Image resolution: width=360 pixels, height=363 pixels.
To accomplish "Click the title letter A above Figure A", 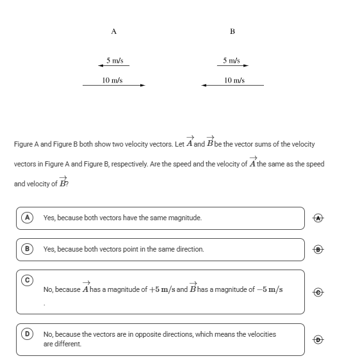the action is (x=114, y=31).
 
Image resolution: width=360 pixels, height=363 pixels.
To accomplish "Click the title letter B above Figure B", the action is (x=233, y=31).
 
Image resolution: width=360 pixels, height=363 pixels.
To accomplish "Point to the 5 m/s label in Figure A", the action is (x=115, y=60).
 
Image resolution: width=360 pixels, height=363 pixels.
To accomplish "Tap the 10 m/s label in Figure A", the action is (x=112, y=80).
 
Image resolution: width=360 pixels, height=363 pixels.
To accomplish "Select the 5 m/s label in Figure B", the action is (x=231, y=60).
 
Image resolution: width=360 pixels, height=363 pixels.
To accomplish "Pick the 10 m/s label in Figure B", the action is (x=234, y=80).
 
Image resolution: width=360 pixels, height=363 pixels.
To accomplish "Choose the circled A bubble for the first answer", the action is (x=27, y=218).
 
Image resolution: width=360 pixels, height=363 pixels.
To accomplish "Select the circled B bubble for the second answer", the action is (x=27, y=249).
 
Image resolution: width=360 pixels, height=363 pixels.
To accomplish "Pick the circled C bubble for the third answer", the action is (x=27, y=280).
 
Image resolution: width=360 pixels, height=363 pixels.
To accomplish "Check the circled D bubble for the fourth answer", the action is (x=27, y=334).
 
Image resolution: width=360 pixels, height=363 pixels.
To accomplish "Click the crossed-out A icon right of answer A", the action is (x=318, y=218).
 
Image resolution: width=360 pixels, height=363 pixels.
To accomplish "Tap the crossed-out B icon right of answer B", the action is (x=318, y=249).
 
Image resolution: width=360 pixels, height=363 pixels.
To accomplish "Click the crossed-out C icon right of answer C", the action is (x=318, y=292).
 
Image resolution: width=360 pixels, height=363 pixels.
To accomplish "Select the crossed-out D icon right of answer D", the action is (x=318, y=339).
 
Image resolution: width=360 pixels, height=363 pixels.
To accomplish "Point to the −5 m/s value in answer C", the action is (x=270, y=289).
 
